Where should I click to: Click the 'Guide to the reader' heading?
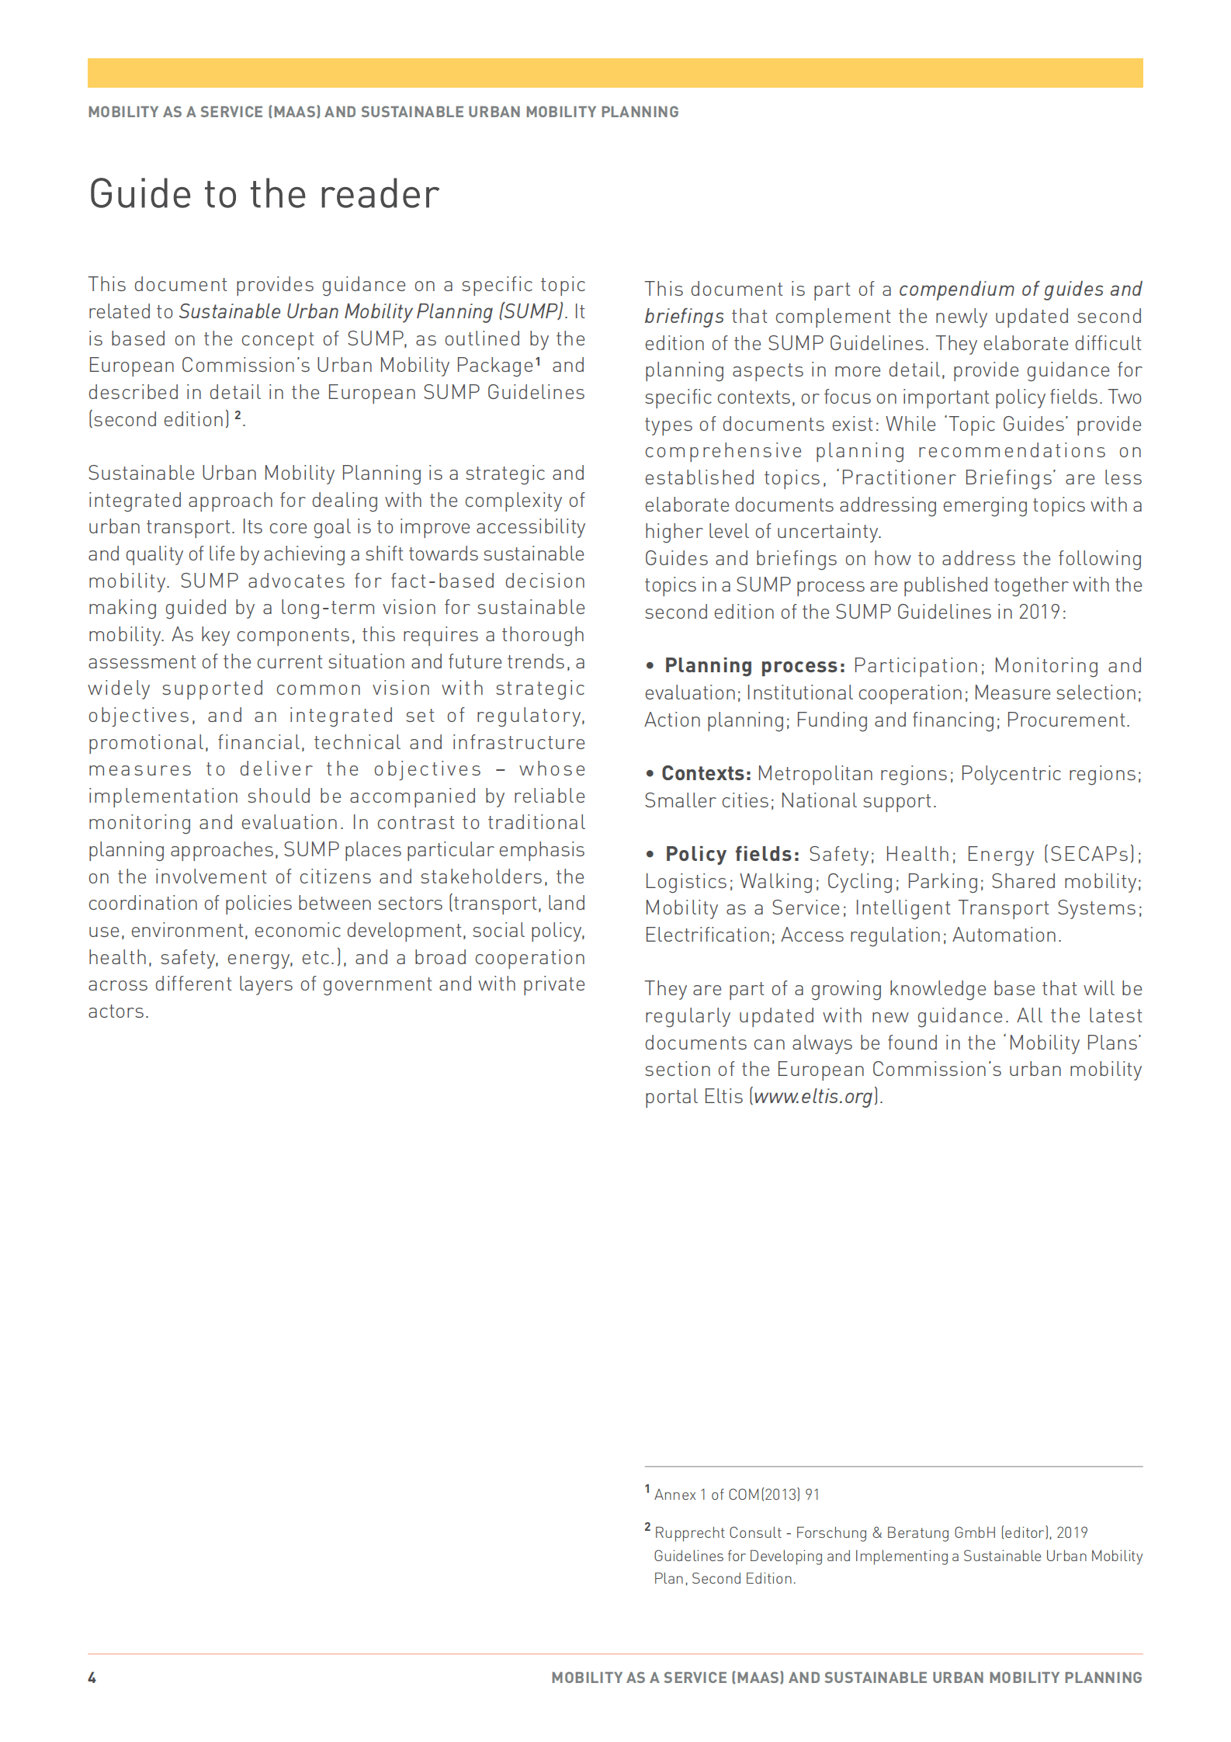264,194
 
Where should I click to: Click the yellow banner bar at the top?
615,73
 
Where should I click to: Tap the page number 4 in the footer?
92,1678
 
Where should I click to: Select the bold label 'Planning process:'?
754,666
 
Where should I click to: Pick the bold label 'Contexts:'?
706,774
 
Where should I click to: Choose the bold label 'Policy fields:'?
732,855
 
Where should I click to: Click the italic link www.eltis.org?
814,1097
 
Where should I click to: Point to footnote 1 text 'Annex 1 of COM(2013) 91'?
737,1494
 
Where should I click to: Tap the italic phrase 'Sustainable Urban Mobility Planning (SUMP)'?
371,312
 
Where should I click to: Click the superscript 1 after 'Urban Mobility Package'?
538,361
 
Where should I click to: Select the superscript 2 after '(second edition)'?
238,415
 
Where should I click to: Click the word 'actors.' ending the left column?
118,1012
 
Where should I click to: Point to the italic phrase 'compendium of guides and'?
1020,290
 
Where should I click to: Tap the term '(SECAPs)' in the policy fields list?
1092,855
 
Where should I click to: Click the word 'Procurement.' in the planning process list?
1068,720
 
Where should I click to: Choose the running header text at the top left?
383,112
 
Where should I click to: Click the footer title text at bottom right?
846,1678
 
